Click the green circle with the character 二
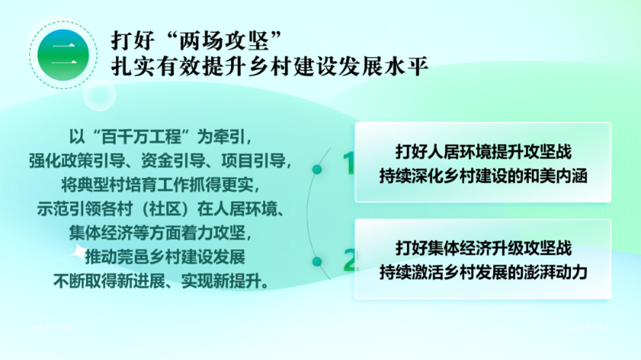(63, 55)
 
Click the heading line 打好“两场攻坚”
(197, 41)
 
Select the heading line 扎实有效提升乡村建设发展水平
(270, 66)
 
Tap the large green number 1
(349, 163)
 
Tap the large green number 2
(351, 260)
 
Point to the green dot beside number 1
(317, 169)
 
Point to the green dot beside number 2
(317, 262)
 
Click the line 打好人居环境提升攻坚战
(483, 152)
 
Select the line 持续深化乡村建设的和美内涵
(483, 176)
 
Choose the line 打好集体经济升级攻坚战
(483, 249)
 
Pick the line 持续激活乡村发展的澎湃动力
(483, 273)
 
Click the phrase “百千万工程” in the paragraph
(141, 136)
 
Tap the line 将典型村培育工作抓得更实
(160, 185)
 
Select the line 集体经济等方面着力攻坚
(160, 232)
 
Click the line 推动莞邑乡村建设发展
(165, 257)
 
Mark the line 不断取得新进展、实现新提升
(161, 281)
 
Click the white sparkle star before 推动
(79, 251)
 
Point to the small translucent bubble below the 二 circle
(99, 95)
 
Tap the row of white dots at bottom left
(53, 328)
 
